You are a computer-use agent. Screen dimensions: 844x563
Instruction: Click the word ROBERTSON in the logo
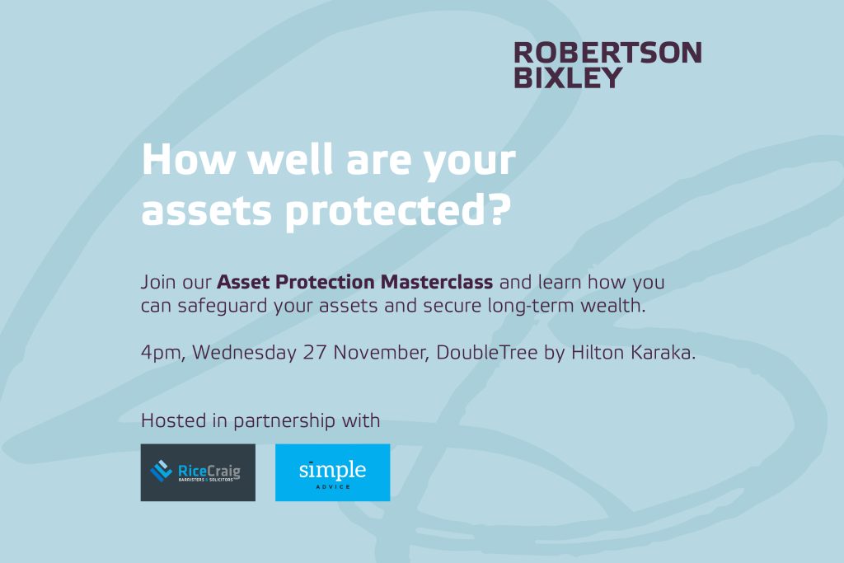click(x=607, y=53)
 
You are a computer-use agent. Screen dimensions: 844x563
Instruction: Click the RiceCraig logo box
click(x=198, y=472)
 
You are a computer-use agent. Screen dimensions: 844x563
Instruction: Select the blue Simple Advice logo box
click(x=333, y=472)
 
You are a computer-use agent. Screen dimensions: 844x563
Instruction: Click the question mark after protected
click(x=500, y=210)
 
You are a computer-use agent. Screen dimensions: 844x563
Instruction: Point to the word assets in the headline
click(x=207, y=211)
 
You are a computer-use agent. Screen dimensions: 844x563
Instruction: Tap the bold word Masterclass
click(x=437, y=282)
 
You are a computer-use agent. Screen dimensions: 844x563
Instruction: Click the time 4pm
click(x=163, y=353)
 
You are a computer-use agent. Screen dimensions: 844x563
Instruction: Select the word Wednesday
click(x=244, y=353)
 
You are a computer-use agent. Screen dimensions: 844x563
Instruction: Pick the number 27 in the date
click(x=315, y=353)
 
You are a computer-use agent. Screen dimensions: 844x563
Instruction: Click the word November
click(x=381, y=353)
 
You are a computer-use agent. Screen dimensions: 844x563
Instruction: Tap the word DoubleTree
click(x=486, y=353)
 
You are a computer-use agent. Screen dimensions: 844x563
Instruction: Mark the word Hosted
click(x=173, y=420)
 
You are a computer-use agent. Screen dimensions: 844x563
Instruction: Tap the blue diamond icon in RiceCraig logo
click(x=162, y=471)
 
